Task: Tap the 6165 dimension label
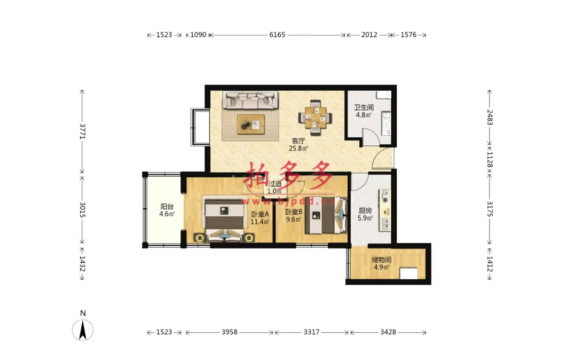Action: [x=277, y=35]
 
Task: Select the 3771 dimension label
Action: [x=82, y=131]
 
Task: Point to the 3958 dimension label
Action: [x=230, y=332]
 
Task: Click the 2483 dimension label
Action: [x=489, y=117]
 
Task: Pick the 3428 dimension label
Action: [x=388, y=332]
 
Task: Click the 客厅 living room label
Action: [x=298, y=141]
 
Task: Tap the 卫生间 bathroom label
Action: [x=364, y=107]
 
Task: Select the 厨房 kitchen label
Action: [x=365, y=210]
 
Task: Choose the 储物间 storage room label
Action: [x=382, y=260]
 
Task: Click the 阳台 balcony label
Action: [x=167, y=207]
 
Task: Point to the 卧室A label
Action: [x=261, y=214]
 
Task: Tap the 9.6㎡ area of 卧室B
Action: [x=294, y=220]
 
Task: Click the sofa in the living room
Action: [x=250, y=100]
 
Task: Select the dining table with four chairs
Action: [x=316, y=118]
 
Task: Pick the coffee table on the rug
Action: [x=250, y=124]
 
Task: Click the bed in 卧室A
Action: [x=224, y=221]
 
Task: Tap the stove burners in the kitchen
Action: [x=384, y=196]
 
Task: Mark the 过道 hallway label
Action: [x=275, y=184]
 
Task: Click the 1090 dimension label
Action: [x=198, y=35]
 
